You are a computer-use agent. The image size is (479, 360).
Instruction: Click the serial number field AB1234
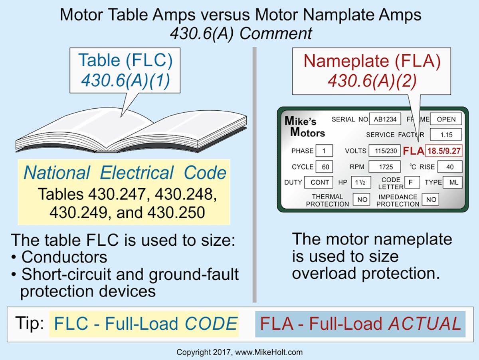tap(385, 119)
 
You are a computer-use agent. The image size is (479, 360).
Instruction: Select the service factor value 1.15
tap(446, 135)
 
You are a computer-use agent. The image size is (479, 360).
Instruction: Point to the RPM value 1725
tap(384, 167)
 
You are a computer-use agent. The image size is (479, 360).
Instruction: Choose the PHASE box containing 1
tap(324, 151)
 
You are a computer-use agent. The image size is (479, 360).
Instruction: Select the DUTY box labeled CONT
tap(319, 183)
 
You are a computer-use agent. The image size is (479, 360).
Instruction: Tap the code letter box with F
tap(412, 182)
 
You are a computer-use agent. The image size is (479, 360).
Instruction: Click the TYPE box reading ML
tap(453, 183)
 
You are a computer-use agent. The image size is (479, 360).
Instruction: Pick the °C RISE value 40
tap(449, 167)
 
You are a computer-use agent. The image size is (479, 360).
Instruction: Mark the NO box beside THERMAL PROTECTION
tap(361, 199)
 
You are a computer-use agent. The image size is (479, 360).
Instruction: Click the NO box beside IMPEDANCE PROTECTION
tap(431, 199)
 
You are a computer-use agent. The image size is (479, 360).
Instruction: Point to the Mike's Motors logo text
tap(304, 127)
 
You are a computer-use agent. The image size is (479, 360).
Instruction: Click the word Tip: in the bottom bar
tap(30, 323)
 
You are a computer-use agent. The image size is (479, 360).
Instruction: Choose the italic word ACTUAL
tap(425, 324)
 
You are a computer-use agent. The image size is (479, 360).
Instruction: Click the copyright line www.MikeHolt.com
tap(239, 352)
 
